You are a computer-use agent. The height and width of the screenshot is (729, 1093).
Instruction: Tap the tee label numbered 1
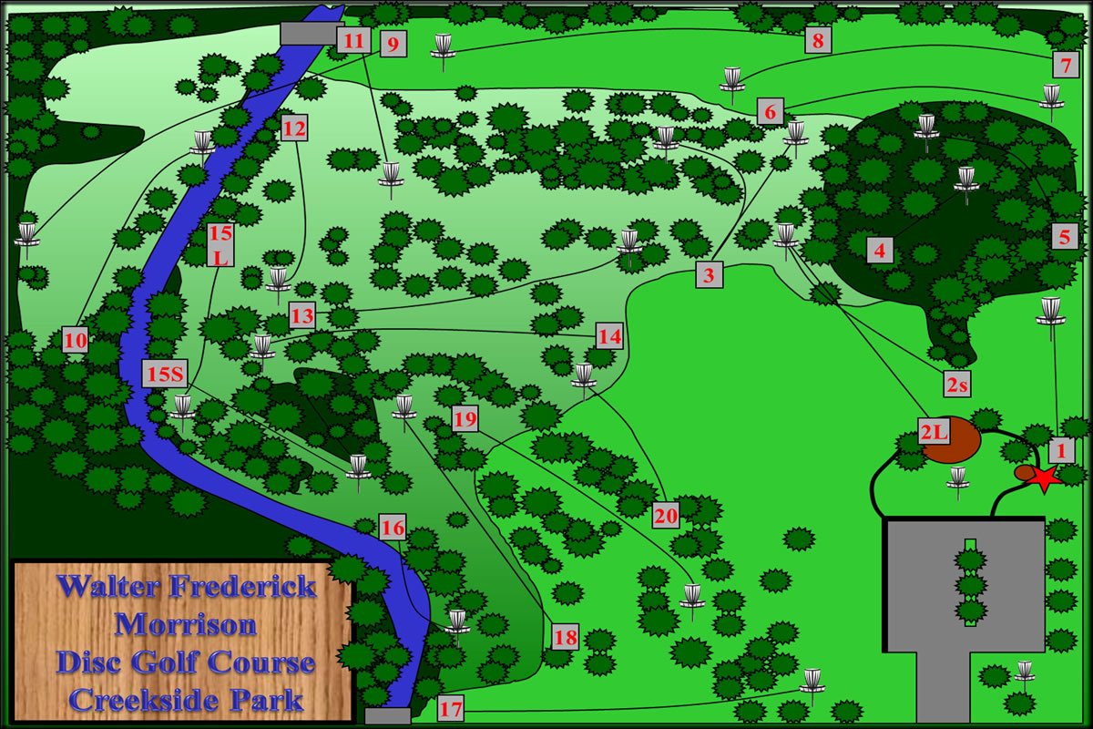pos(1058,449)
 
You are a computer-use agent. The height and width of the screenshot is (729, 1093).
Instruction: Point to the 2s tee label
pos(956,386)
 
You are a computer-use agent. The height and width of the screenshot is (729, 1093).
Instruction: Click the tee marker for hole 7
pos(1065,65)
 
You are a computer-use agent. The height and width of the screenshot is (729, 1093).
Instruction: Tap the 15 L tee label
pos(220,244)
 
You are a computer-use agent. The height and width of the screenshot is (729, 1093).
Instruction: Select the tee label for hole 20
pos(667,516)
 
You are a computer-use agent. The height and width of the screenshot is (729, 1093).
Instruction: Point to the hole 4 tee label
pos(879,249)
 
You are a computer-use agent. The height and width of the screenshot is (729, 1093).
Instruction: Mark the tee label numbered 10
pos(77,341)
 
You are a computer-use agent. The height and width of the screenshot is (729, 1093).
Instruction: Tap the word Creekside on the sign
pos(138,701)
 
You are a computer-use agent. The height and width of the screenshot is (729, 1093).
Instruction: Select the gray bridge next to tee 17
pos(387,716)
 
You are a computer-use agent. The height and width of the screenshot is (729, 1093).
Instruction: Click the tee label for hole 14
pos(609,336)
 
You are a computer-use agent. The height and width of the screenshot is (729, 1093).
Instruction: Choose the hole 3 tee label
pos(710,274)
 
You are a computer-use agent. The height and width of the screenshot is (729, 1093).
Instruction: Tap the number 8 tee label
pos(818,40)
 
